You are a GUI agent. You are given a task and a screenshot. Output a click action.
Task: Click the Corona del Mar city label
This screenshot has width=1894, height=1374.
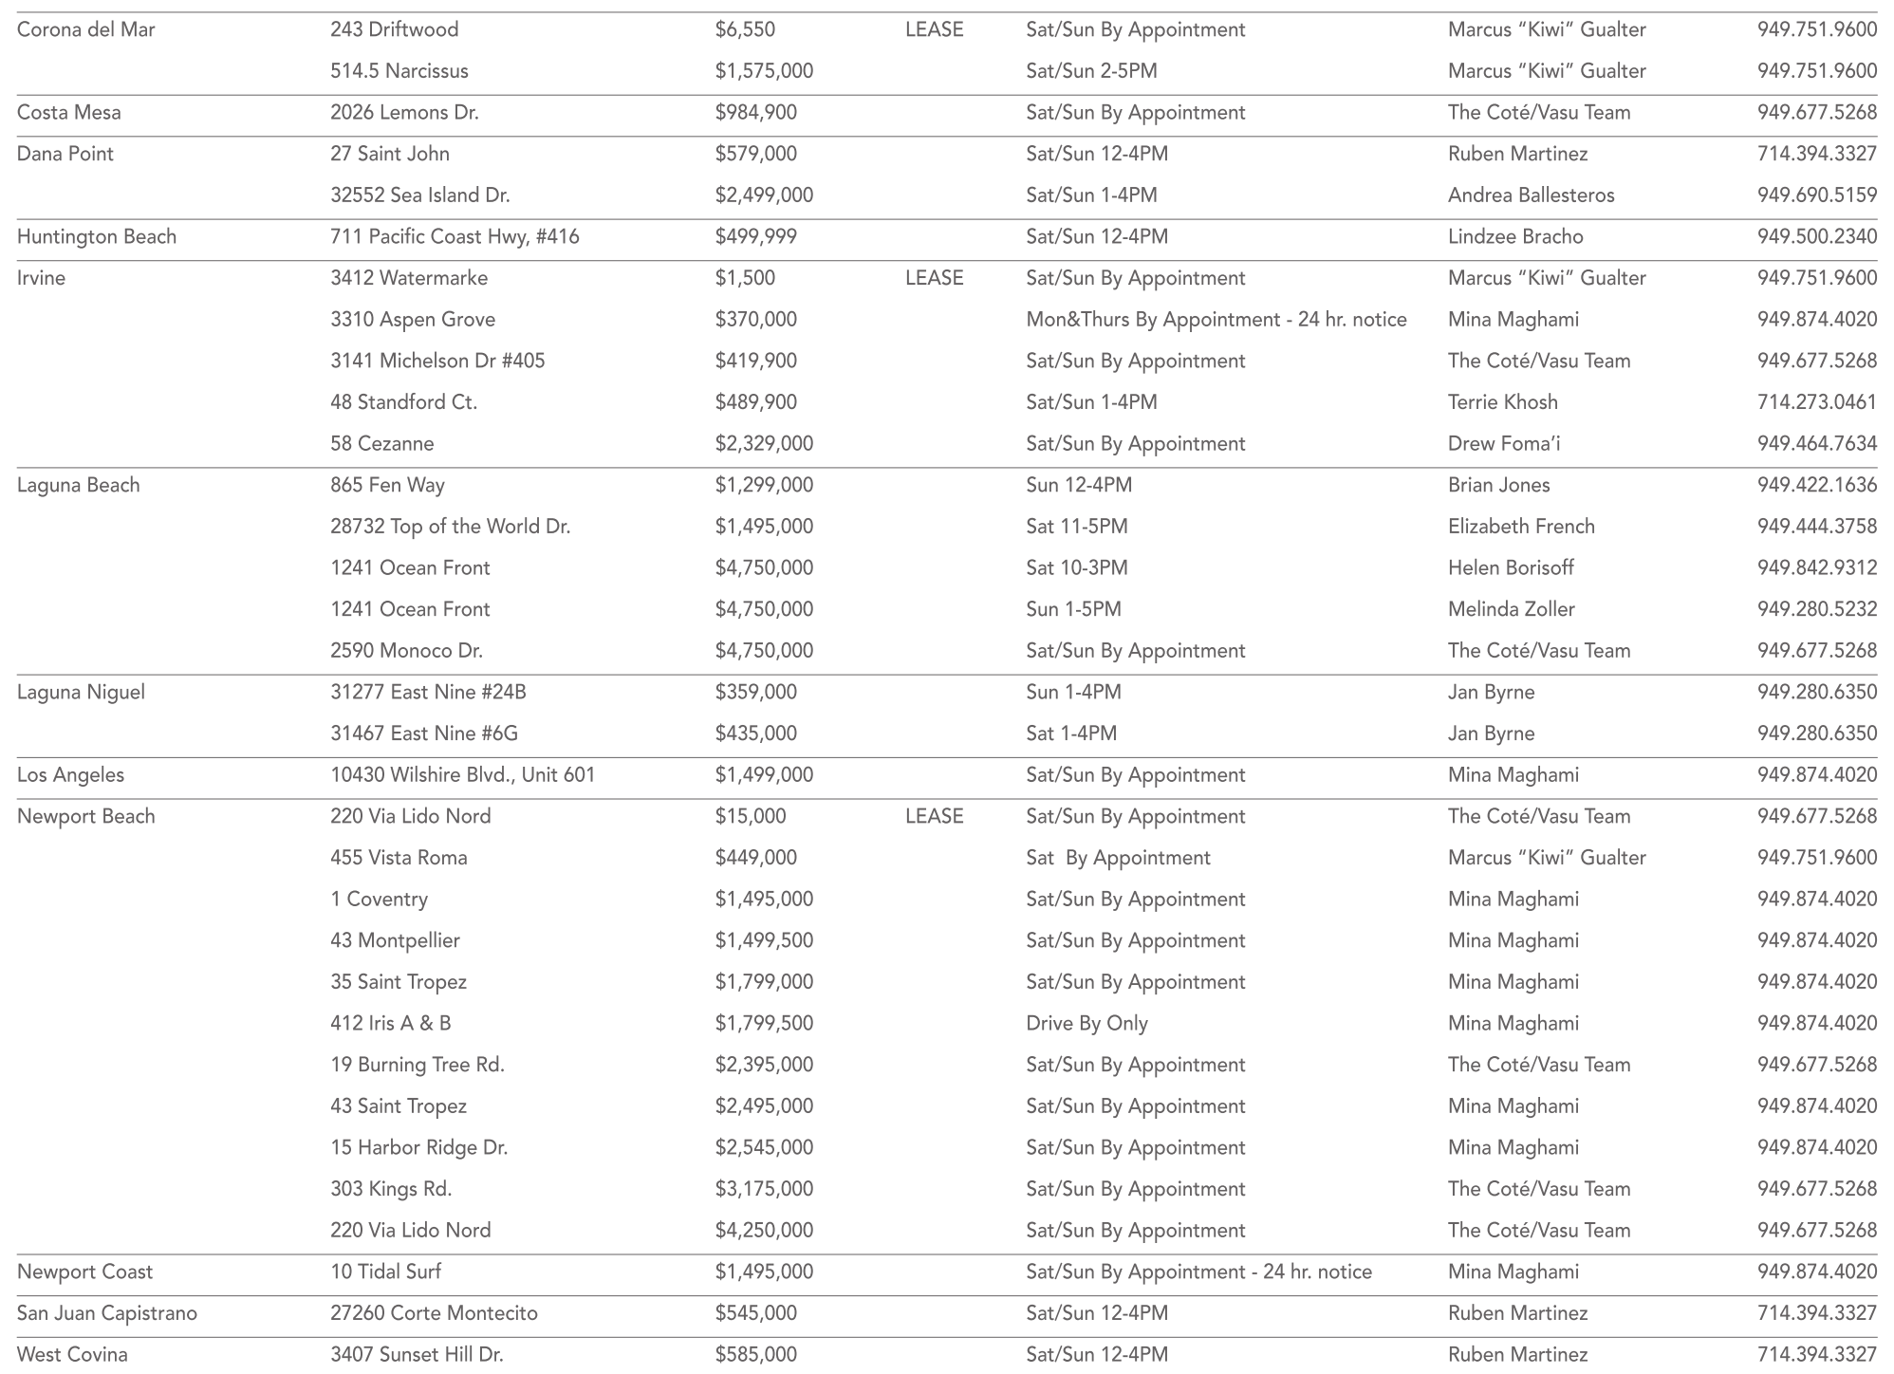[x=86, y=29]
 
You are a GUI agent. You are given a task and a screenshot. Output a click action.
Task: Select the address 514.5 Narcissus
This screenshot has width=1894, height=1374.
[x=399, y=71]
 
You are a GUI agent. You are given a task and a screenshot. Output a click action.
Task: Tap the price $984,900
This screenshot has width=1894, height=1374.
[x=755, y=112]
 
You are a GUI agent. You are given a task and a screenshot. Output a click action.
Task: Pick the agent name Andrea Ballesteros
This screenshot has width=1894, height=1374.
[x=1531, y=195]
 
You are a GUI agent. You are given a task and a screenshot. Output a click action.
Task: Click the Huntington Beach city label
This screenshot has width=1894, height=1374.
[x=97, y=236]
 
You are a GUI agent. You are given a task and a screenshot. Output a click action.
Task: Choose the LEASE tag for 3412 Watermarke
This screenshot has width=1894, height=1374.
[x=934, y=278]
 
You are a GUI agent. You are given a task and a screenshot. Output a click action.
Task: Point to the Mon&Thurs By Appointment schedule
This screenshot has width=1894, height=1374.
[x=1216, y=320]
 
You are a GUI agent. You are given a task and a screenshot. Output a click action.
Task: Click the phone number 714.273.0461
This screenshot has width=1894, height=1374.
[x=1816, y=402]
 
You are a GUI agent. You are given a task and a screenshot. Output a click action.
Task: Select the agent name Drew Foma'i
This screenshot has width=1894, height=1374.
[x=1504, y=444]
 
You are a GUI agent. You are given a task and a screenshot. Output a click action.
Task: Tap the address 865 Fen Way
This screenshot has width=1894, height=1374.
[x=387, y=485]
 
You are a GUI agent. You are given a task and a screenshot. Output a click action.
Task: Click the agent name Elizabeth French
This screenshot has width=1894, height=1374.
[x=1521, y=527]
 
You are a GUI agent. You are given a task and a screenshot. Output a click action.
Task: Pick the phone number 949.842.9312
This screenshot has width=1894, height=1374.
[x=1816, y=568]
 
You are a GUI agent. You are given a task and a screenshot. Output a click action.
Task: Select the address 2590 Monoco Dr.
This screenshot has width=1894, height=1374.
[x=406, y=651]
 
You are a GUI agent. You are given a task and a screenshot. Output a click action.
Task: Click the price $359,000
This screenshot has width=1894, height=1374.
[x=755, y=693]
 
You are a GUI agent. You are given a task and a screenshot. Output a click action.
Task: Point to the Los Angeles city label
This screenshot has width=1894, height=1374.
[x=70, y=775]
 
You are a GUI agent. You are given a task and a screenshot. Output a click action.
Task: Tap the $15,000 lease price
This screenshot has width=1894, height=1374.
[x=750, y=816]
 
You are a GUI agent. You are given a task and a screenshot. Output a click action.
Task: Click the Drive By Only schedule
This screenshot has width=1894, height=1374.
[x=1086, y=1024]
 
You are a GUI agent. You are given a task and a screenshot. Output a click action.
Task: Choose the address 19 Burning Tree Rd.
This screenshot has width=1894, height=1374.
[x=418, y=1065]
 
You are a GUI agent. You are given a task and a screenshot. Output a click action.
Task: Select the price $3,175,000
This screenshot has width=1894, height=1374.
[x=764, y=1189]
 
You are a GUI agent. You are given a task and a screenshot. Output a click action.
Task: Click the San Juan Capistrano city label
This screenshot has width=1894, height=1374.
[x=107, y=1313]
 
